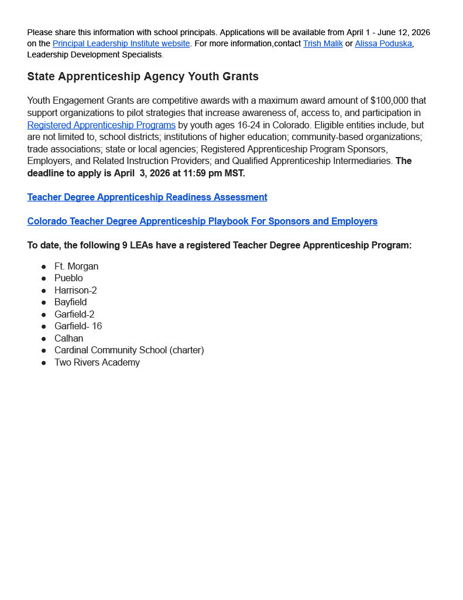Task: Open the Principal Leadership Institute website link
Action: [x=121, y=43]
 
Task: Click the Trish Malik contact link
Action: [x=323, y=43]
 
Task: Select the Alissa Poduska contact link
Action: [x=383, y=43]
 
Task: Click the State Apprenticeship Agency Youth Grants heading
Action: [x=143, y=77]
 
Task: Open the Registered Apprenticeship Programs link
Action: [x=101, y=125]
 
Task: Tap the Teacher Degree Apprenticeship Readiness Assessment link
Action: [x=147, y=197]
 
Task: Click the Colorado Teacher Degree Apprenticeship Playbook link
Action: [x=202, y=221]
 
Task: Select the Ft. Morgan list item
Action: [x=76, y=266]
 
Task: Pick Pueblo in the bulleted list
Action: [x=68, y=278]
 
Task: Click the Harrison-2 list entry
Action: [x=76, y=290]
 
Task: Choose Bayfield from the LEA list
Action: [x=70, y=302]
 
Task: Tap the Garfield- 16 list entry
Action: [x=78, y=326]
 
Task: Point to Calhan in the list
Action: [x=68, y=338]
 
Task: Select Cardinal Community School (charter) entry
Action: [x=129, y=350]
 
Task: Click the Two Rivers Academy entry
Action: [x=97, y=362]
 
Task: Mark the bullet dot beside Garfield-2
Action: [x=43, y=315]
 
